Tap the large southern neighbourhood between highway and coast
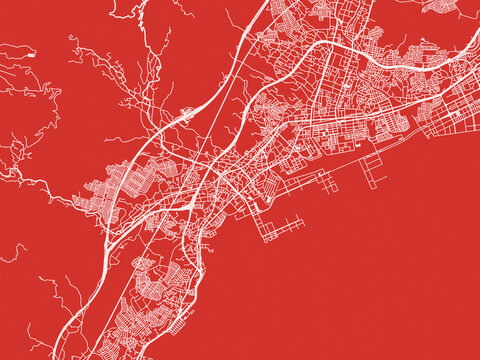150,300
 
